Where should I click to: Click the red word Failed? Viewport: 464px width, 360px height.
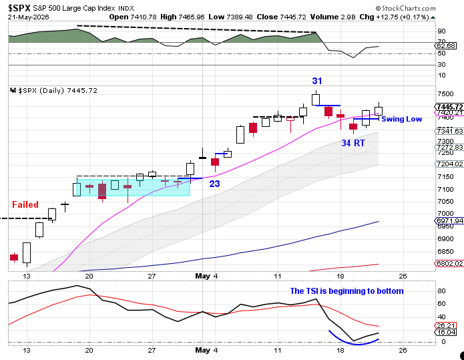coord(25,204)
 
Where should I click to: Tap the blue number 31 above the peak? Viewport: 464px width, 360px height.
coord(317,81)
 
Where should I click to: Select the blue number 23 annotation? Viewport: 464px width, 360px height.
coord(214,184)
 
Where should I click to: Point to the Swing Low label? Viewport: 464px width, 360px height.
coord(401,119)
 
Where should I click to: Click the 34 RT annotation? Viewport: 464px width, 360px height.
coord(353,144)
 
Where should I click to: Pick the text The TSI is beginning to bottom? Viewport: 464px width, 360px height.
coord(346,291)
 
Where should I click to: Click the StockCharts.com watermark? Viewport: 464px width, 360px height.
coord(405,8)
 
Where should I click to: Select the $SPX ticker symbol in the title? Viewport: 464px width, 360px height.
coord(19,8)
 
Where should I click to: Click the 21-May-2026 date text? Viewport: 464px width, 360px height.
coord(29,17)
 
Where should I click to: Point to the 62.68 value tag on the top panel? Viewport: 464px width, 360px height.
coord(445,46)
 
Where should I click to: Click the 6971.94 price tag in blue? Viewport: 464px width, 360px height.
coord(449,220)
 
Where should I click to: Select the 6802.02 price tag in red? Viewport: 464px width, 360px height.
coord(449,263)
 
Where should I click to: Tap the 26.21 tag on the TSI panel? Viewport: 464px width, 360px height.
coord(445,326)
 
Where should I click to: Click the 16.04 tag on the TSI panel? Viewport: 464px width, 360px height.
coord(445,333)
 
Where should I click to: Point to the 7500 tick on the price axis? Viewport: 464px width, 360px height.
coord(445,94)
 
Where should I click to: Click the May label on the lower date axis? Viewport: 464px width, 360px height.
coord(203,350)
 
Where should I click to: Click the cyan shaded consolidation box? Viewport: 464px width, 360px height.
coord(133,188)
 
